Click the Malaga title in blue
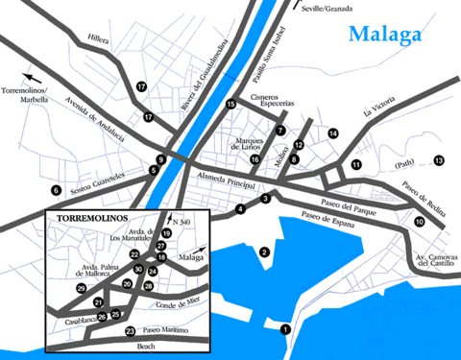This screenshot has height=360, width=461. pyautogui.click(x=385, y=36)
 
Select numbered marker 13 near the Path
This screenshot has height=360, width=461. pyautogui.click(x=439, y=160)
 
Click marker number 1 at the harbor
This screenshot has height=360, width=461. pyautogui.click(x=285, y=329)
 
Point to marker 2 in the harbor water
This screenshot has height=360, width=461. pyautogui.click(x=263, y=252)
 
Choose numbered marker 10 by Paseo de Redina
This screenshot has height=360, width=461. pyautogui.click(x=420, y=222)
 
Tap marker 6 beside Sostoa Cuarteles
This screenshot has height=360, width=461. pyautogui.click(x=57, y=189)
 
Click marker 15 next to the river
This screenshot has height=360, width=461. pyautogui.click(x=230, y=104)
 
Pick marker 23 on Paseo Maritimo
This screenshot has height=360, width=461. pyautogui.click(x=130, y=331)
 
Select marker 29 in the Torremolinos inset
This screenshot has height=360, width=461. pyautogui.click(x=82, y=288)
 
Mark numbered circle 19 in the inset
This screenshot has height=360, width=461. pyautogui.click(x=166, y=233)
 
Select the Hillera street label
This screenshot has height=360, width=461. pyautogui.click(x=99, y=40)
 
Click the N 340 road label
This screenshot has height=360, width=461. pyautogui.click(x=184, y=224)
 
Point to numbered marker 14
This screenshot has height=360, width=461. pyautogui.click(x=334, y=132)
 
